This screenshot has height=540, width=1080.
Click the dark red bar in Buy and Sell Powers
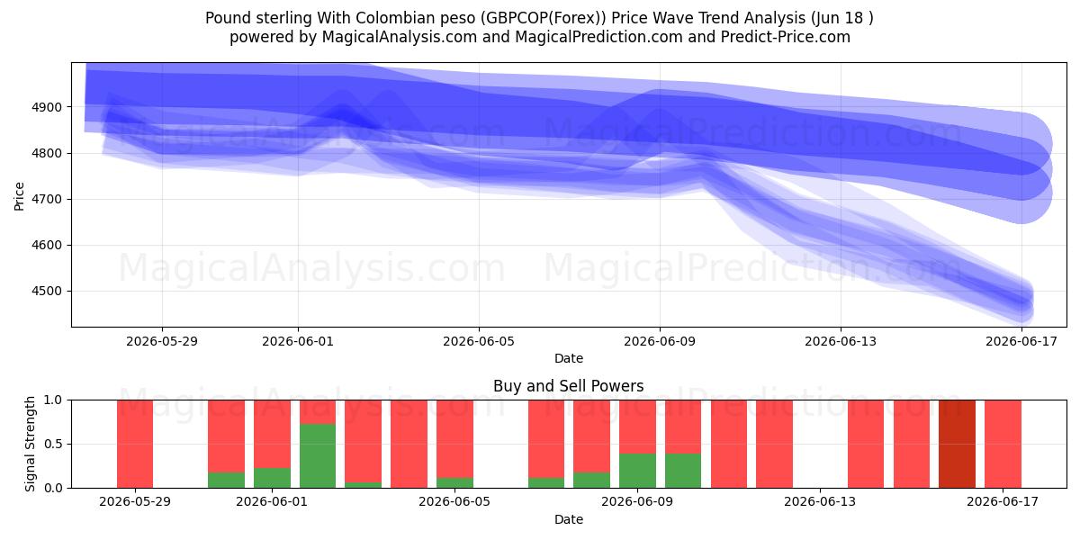tap(957, 444)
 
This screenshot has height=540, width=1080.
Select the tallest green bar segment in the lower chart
tap(318, 455)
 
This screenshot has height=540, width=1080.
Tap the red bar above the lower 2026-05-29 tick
tap(135, 444)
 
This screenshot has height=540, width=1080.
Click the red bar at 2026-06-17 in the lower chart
tap(1003, 444)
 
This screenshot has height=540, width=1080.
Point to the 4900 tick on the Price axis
tap(47, 107)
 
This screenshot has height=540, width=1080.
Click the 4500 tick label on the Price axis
tap(47, 292)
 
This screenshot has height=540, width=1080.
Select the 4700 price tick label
tap(47, 199)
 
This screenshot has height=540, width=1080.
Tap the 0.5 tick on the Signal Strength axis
tap(53, 444)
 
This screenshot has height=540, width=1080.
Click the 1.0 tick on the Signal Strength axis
tap(53, 400)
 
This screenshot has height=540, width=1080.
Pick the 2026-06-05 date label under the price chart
tap(479, 342)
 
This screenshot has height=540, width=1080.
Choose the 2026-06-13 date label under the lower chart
tap(820, 502)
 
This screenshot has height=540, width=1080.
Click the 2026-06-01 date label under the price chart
tap(298, 342)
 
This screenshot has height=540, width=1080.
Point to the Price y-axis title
tap(19, 196)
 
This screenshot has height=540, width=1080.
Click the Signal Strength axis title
tap(30, 444)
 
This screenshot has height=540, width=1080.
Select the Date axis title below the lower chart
tap(569, 520)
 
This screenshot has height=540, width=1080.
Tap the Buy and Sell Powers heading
tap(569, 386)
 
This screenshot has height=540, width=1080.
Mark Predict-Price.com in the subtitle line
tap(786, 37)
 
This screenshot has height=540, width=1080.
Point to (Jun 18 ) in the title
tap(841, 18)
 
